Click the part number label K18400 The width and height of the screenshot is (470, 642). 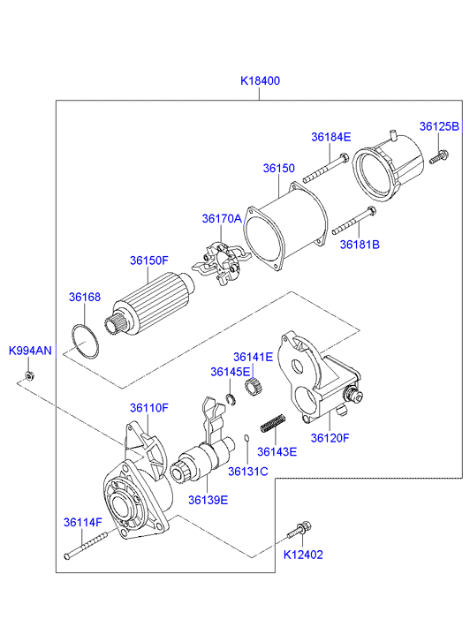260,80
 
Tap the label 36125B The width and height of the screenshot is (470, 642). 439,126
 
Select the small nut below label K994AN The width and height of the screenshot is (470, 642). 28,374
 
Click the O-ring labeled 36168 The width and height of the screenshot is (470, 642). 85,342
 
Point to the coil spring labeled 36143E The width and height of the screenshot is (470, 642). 273,423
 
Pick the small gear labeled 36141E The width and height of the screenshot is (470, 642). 253,387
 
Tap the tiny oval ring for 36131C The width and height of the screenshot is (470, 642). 246,439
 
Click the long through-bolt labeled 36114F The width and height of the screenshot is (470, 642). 86,545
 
